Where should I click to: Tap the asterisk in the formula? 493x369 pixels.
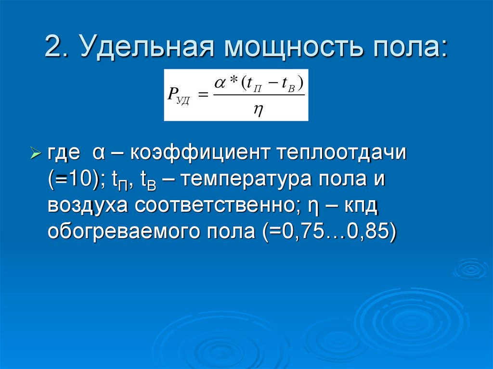(233, 83)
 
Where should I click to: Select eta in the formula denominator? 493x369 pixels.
(258, 109)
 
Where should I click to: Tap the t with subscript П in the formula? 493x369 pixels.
(251, 84)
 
